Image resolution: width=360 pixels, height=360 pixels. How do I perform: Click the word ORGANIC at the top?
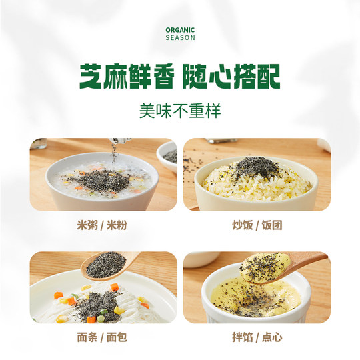pyautogui.click(x=180, y=30)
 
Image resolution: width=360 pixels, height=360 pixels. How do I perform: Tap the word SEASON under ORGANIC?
pyautogui.click(x=180, y=38)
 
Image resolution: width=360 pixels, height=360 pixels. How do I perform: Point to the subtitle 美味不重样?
pyautogui.click(x=180, y=110)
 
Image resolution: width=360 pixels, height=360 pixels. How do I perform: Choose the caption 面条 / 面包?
pyautogui.click(x=103, y=339)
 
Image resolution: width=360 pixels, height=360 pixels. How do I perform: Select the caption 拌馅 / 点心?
pyautogui.click(x=257, y=339)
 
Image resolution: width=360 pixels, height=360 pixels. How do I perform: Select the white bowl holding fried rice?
pyautogui.click(x=257, y=187)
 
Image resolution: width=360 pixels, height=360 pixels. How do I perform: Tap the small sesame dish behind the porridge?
pyautogui.click(x=168, y=155)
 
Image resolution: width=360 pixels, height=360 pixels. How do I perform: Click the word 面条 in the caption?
pyautogui.click(x=89, y=339)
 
